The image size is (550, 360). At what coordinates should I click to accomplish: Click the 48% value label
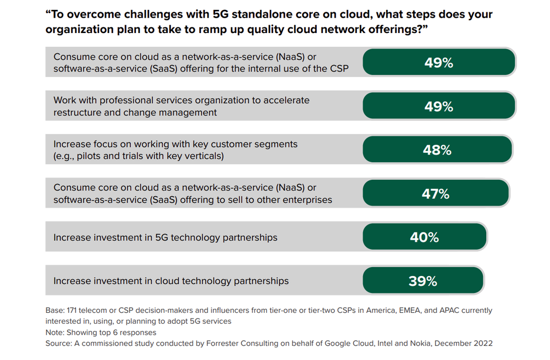[x=438, y=150]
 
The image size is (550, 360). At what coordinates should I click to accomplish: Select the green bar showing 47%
[x=436, y=193]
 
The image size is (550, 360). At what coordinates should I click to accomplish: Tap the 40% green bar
[x=425, y=237]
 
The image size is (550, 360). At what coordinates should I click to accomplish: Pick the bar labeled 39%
[x=423, y=281]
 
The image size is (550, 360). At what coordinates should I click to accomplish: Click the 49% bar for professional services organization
[x=438, y=106]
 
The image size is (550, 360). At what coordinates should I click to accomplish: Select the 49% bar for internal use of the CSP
[x=438, y=63]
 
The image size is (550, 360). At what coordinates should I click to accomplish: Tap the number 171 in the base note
[x=74, y=311]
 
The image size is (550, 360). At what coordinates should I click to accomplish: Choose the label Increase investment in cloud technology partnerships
[x=170, y=281]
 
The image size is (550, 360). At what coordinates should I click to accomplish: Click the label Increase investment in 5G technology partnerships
[x=165, y=237]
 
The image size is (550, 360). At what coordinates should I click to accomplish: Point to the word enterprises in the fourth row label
[x=307, y=200]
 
